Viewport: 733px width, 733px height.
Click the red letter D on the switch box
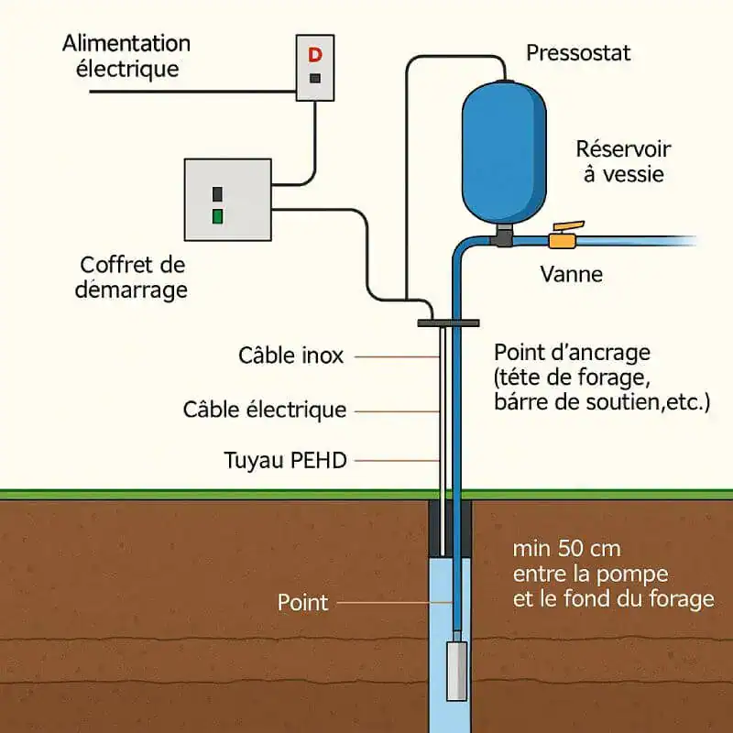[315, 55]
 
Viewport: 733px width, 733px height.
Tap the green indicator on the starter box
[217, 216]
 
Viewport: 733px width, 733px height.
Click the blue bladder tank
[503, 151]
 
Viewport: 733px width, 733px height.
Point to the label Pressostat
[578, 53]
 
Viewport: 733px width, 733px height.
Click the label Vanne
[571, 274]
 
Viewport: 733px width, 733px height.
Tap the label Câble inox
[290, 356]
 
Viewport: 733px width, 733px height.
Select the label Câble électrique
[265, 410]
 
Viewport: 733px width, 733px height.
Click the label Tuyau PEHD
[286, 460]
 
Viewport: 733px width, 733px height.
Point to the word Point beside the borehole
[302, 602]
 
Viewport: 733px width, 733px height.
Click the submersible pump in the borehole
[456, 669]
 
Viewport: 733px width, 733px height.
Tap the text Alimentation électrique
[126, 56]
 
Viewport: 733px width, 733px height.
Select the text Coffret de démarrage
[134, 277]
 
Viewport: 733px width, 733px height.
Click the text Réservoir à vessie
[622, 161]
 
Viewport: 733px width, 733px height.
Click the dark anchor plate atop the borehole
[449, 323]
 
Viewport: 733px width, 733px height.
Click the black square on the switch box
[315, 79]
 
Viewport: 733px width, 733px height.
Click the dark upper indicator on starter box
[217, 194]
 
